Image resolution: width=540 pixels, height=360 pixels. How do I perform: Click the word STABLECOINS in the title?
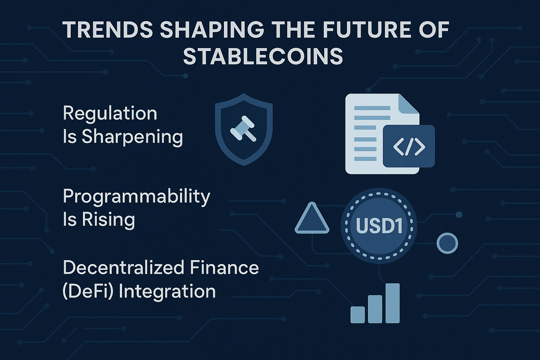[263, 56]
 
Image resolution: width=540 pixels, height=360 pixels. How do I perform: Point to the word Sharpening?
[132, 137]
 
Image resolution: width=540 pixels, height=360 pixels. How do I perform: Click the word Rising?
[108, 219]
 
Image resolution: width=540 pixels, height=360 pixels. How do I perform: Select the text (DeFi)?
[88, 291]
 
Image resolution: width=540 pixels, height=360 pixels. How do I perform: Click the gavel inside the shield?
[243, 128]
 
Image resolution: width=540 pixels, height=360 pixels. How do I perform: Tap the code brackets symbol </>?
[409, 146]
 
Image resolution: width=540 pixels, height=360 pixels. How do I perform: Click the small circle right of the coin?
[447, 243]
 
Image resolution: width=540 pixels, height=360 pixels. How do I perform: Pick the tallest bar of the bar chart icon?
[392, 303]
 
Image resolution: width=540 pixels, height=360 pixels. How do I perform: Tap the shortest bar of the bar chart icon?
[357, 315]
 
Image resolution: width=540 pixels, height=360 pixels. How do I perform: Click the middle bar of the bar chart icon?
[375, 309]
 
